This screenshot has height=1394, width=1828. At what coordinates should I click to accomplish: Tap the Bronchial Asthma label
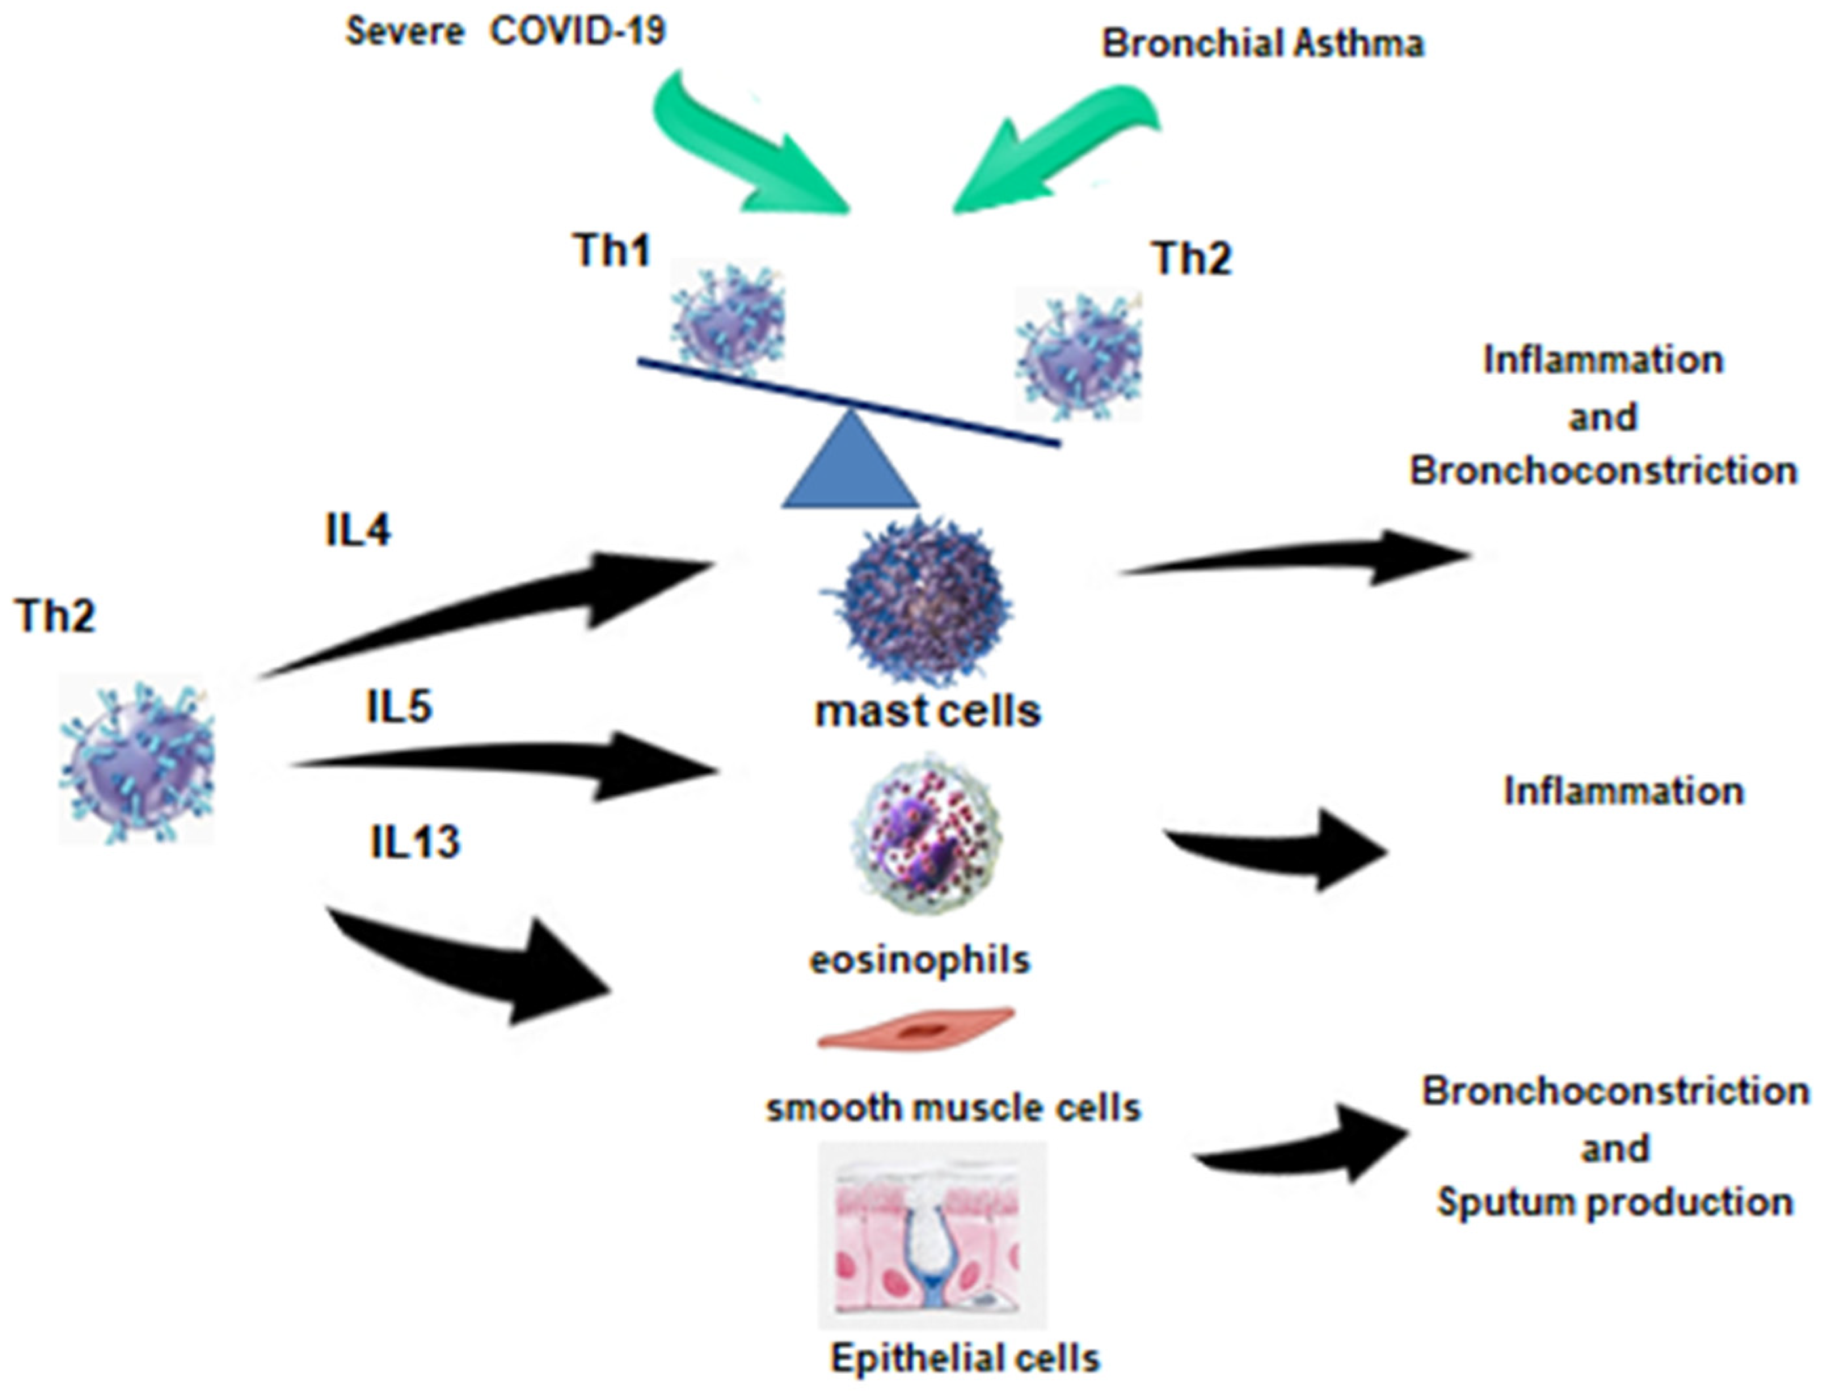pyautogui.click(x=1262, y=44)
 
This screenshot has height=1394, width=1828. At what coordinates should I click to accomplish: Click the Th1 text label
pyautogui.click(x=612, y=250)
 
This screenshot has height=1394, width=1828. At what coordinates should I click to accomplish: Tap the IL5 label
pyautogui.click(x=399, y=708)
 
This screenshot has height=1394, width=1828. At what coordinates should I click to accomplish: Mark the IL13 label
pyautogui.click(x=414, y=843)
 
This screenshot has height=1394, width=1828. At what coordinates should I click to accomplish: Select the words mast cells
pyautogui.click(x=927, y=712)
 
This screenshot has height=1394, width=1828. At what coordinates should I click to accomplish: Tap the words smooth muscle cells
pyautogui.click(x=952, y=1108)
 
